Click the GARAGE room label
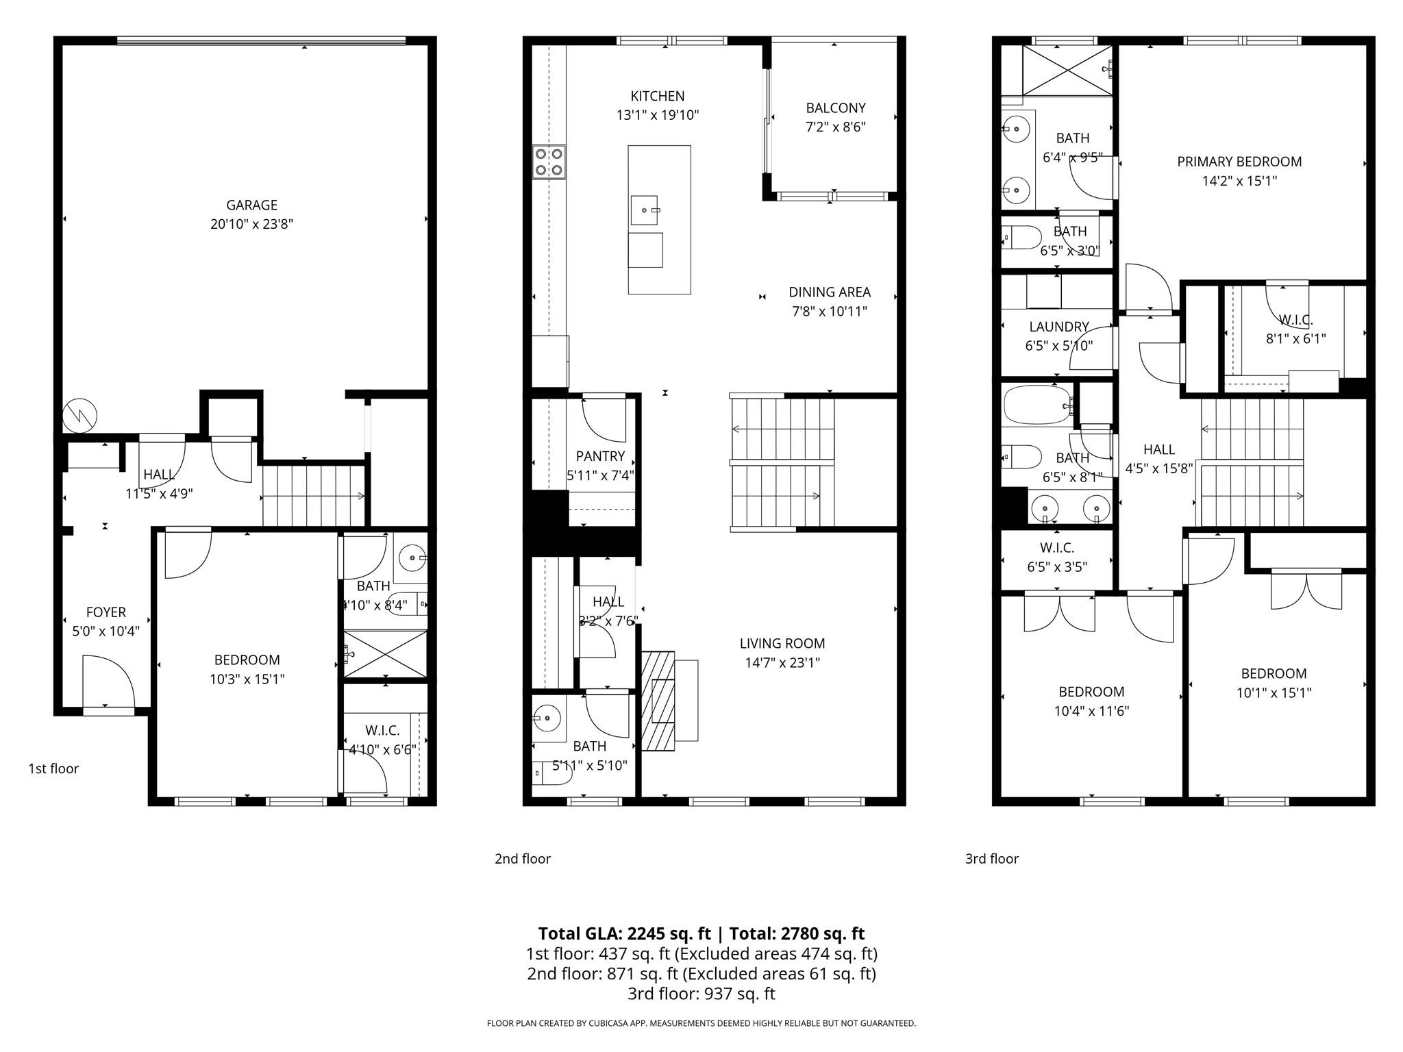tap(251, 205)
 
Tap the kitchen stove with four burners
tap(549, 162)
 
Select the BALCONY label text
tap(835, 108)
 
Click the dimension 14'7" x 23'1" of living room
tap(782, 662)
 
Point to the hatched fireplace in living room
tap(658, 701)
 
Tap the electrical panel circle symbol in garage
tap(79, 415)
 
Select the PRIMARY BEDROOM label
tap(1239, 162)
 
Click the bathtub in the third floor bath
tap(1036, 405)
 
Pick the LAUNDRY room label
tap(1058, 327)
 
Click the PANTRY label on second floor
tap(600, 456)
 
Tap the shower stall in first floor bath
tap(385, 654)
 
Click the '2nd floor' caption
tap(522, 858)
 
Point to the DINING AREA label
tap(829, 292)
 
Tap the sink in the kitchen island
tap(644, 210)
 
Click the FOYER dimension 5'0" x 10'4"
tap(105, 631)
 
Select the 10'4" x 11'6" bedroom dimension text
tap(1091, 711)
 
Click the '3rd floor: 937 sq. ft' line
tap(701, 993)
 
